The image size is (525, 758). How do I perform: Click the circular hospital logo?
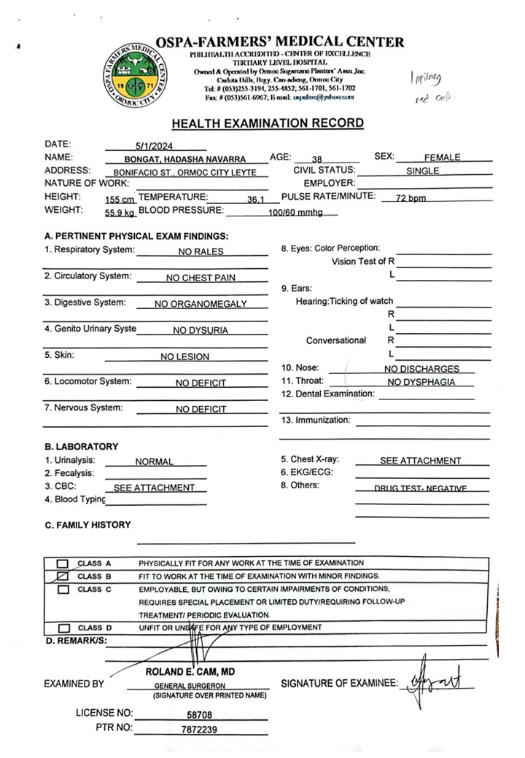[132, 75]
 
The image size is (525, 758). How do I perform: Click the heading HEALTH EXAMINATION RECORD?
[267, 123]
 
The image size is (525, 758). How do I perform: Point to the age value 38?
[316, 159]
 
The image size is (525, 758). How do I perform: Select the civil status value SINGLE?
[422, 172]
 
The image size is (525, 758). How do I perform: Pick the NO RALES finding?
[201, 251]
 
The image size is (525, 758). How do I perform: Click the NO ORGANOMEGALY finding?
[201, 304]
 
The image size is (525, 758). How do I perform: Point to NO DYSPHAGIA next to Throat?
[421, 382]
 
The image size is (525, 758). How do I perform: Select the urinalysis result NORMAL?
[154, 461]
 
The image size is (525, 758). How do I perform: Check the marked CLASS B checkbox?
[63, 576]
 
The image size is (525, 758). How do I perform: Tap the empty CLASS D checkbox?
[63, 628]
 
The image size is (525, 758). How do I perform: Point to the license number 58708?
[198, 715]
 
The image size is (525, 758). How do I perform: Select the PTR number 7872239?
[198, 729]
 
